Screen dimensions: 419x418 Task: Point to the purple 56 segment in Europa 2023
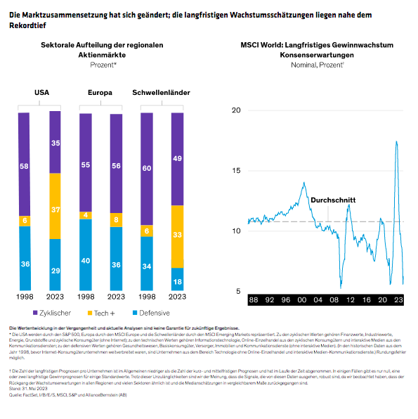click(117, 166)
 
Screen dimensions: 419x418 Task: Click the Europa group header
click(100, 93)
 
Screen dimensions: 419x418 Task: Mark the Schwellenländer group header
click(162, 93)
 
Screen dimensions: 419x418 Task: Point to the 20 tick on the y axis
click(236, 110)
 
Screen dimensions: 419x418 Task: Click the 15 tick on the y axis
click(236, 171)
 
